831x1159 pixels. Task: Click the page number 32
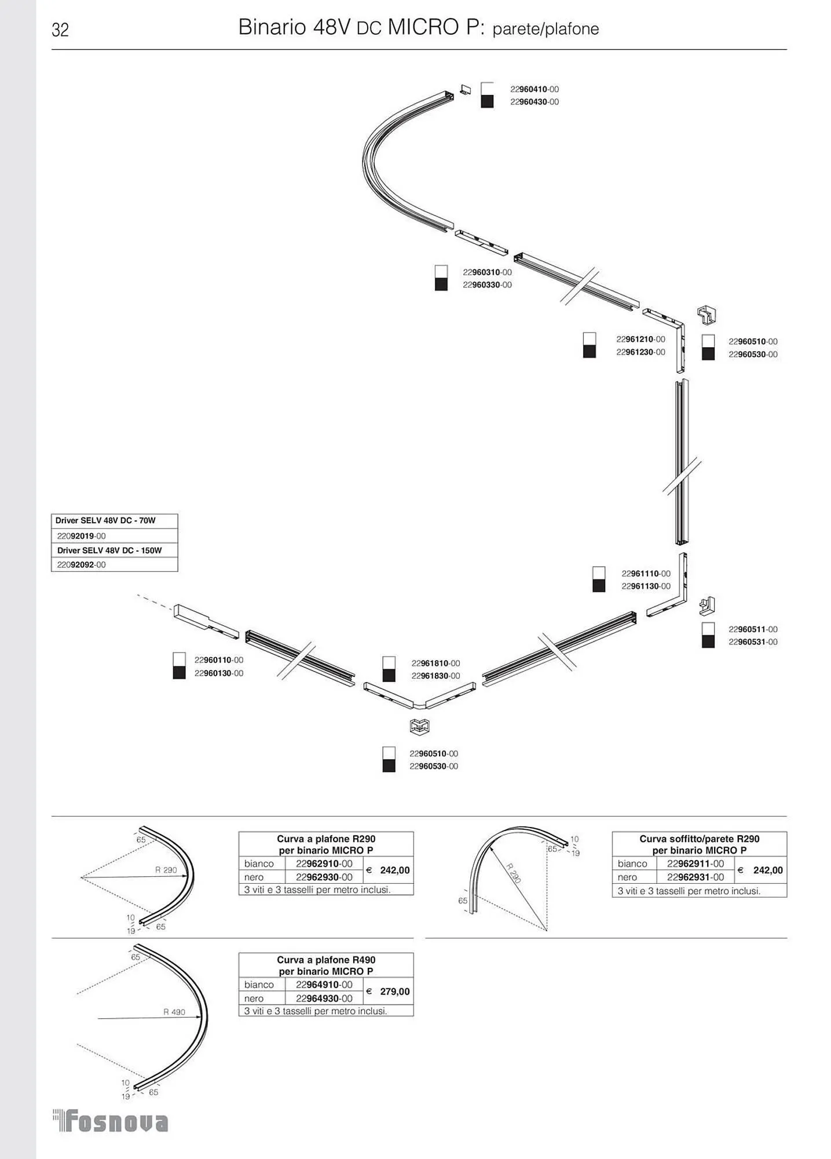(60, 30)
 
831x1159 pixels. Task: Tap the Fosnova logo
(111, 1121)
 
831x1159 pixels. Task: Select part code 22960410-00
(534, 89)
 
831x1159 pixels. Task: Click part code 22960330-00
(487, 285)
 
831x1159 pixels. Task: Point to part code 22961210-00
(640, 340)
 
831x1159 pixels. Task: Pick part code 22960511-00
(753, 629)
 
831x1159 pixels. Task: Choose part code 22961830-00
(435, 676)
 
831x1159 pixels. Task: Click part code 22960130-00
(219, 673)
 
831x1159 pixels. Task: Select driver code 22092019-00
(82, 536)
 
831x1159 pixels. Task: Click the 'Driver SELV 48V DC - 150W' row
(109, 551)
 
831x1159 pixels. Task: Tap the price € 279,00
(389, 992)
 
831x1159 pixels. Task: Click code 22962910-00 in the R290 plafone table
(324, 864)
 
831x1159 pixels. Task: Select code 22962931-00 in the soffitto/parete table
(695, 877)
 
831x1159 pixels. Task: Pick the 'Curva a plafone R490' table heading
(326, 965)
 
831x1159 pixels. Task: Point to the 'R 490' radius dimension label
(174, 1012)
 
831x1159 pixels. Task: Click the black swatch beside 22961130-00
(599, 586)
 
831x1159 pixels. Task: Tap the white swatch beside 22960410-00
(487, 89)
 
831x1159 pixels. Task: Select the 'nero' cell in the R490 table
(254, 998)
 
